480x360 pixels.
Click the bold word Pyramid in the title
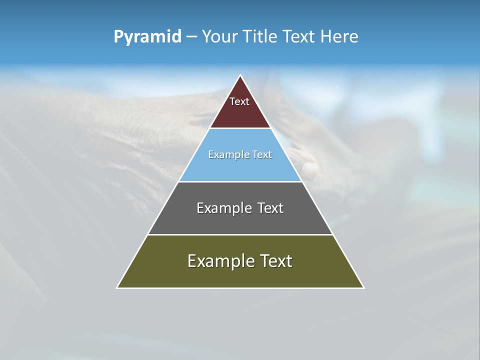click(x=147, y=37)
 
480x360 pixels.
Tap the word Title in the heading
click(x=260, y=37)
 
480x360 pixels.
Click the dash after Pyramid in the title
click(x=191, y=37)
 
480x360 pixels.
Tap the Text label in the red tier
click(x=239, y=101)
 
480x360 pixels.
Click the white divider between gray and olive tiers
click(x=240, y=234)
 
